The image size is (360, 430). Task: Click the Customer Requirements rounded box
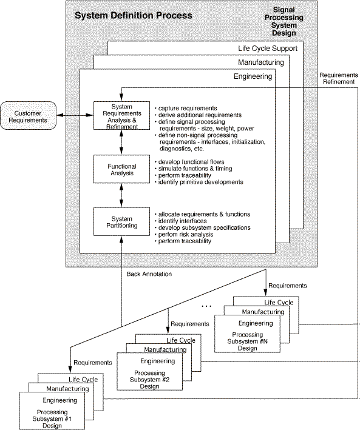[29, 116]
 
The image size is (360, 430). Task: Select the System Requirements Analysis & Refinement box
[121, 115]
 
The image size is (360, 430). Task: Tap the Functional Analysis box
[121, 169]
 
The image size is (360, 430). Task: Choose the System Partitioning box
[121, 221]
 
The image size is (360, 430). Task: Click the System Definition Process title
[134, 15]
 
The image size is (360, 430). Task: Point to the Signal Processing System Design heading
[284, 21]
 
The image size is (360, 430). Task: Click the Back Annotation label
[149, 274]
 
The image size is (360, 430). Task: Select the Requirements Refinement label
[339, 78]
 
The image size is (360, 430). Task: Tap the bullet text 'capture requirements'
[188, 108]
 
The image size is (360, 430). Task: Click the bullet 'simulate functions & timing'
[195, 169]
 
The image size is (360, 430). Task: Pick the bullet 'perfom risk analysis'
[186, 235]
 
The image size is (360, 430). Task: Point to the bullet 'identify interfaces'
[182, 221]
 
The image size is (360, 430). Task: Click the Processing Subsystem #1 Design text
[52, 418]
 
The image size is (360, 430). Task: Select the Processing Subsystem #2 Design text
[150, 380]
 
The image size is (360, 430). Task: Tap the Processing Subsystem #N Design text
[248, 341]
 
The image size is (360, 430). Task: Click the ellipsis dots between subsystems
[206, 306]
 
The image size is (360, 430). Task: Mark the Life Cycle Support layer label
[268, 49]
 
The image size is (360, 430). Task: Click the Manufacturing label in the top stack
[261, 62]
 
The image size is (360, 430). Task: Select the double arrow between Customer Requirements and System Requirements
[75, 115]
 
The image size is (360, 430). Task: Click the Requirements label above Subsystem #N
[288, 286]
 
